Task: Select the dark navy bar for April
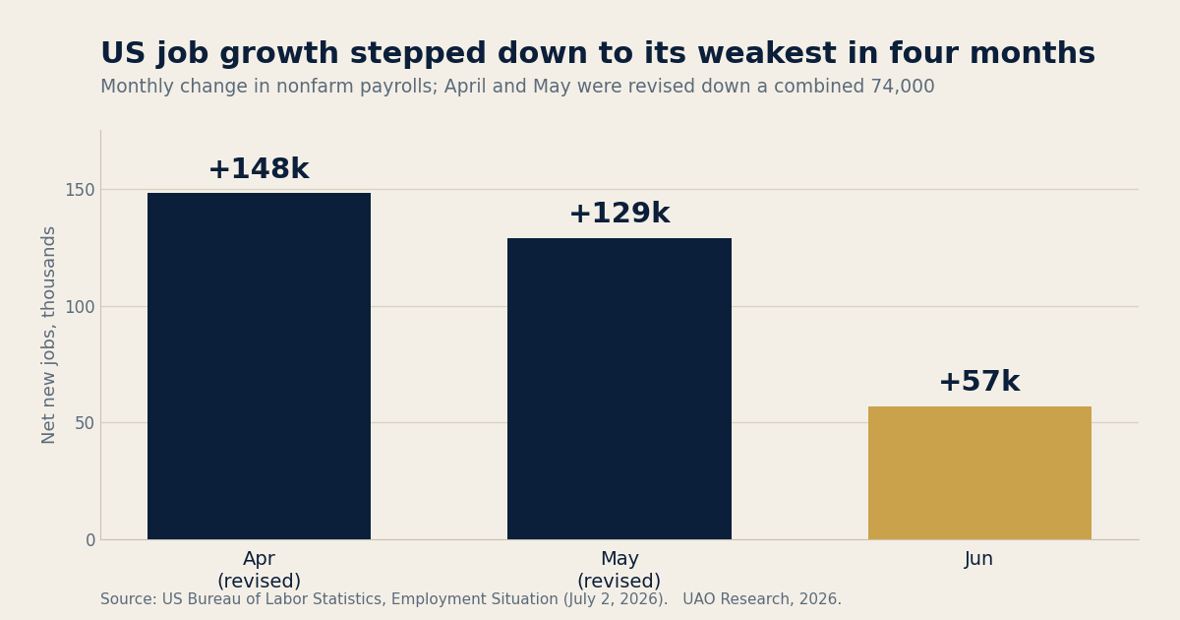tap(259, 366)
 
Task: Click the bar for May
tap(619, 389)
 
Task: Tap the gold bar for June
tap(979, 473)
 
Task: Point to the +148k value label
tap(259, 168)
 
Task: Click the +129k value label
tap(619, 214)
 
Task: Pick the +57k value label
tap(979, 382)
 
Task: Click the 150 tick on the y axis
tap(80, 190)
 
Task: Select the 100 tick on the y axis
tap(80, 307)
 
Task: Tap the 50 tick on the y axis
tap(85, 423)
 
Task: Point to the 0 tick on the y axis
tap(90, 540)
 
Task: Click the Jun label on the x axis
tap(978, 559)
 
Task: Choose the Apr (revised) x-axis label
tap(259, 570)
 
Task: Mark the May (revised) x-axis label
tap(619, 570)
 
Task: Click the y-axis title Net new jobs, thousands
tap(48, 336)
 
